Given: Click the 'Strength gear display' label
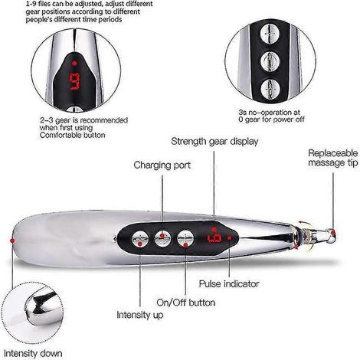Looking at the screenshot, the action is click(x=214, y=142).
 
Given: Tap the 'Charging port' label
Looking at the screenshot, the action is click(x=162, y=165).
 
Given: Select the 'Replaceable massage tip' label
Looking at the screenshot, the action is click(x=333, y=158).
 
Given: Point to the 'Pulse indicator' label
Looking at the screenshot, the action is click(x=229, y=284).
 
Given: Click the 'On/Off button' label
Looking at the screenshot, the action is click(x=186, y=303).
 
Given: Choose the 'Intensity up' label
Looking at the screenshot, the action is click(x=140, y=315).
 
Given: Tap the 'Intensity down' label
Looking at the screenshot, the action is click(x=33, y=354).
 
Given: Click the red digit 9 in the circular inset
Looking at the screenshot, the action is click(x=75, y=82).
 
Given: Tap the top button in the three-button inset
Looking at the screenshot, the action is click(x=270, y=34).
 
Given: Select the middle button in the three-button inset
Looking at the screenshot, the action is click(x=270, y=61).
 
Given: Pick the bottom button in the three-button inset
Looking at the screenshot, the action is click(x=270, y=89).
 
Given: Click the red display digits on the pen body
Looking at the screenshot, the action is click(x=214, y=238).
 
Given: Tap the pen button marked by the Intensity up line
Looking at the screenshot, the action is click(x=140, y=240).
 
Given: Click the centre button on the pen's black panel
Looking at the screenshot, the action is click(x=162, y=238).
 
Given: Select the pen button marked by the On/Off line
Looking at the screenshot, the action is click(x=185, y=238).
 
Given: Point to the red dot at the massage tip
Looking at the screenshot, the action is click(x=332, y=232).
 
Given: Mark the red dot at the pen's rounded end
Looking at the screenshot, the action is click(x=12, y=241).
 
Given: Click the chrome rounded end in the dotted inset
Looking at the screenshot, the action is click(x=41, y=308).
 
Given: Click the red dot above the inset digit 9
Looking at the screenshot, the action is click(x=74, y=63).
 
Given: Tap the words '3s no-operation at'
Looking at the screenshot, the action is click(x=270, y=113).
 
